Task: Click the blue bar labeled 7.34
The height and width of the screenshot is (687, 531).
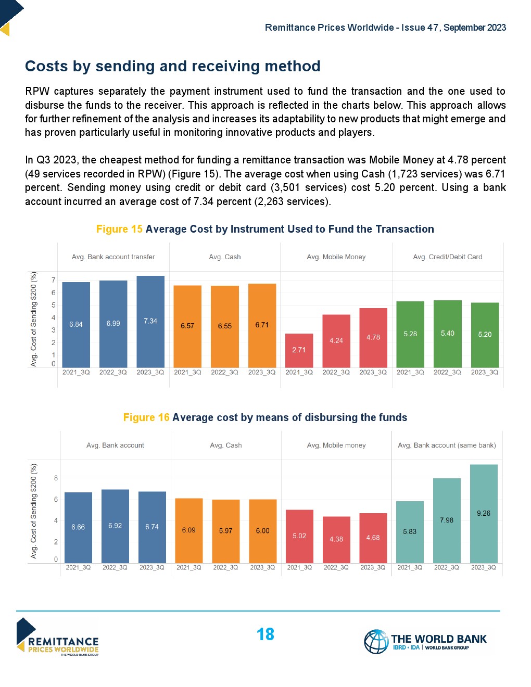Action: click(x=150, y=321)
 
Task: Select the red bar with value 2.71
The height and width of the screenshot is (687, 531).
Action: click(x=299, y=350)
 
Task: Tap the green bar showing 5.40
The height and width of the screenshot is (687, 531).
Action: click(x=448, y=334)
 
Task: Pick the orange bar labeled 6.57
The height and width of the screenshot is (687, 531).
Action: click(x=187, y=326)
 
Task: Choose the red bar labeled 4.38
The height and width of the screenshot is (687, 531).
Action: click(x=336, y=539)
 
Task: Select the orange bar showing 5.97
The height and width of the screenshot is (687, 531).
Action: click(x=225, y=531)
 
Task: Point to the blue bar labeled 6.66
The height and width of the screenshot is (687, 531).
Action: click(x=78, y=527)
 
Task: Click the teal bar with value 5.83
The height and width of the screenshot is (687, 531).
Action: click(x=410, y=531)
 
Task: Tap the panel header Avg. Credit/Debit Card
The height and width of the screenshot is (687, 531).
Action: click(x=448, y=257)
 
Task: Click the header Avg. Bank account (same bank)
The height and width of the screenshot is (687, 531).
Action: click(x=447, y=446)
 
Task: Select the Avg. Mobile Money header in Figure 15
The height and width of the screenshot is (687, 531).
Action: click(x=336, y=257)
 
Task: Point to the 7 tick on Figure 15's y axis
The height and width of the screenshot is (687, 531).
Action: click(x=53, y=280)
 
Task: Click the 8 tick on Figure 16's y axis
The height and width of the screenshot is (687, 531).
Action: click(x=56, y=478)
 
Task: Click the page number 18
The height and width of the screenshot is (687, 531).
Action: click(x=265, y=634)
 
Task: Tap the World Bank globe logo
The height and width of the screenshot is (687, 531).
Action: click(x=376, y=641)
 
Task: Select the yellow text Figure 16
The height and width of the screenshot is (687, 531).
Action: click(x=146, y=417)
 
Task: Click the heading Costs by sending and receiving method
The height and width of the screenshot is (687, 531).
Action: click(x=173, y=66)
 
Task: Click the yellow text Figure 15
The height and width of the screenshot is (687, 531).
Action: click(x=119, y=229)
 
